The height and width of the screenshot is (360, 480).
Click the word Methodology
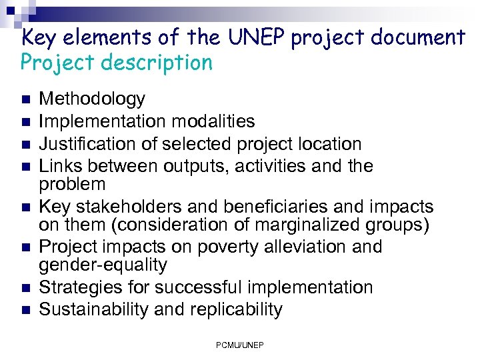tap(92, 99)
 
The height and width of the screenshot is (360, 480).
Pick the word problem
tap(72, 183)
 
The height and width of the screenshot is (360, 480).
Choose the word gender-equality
tap(103, 265)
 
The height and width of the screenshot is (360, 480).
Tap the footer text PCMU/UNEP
tap(240, 345)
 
